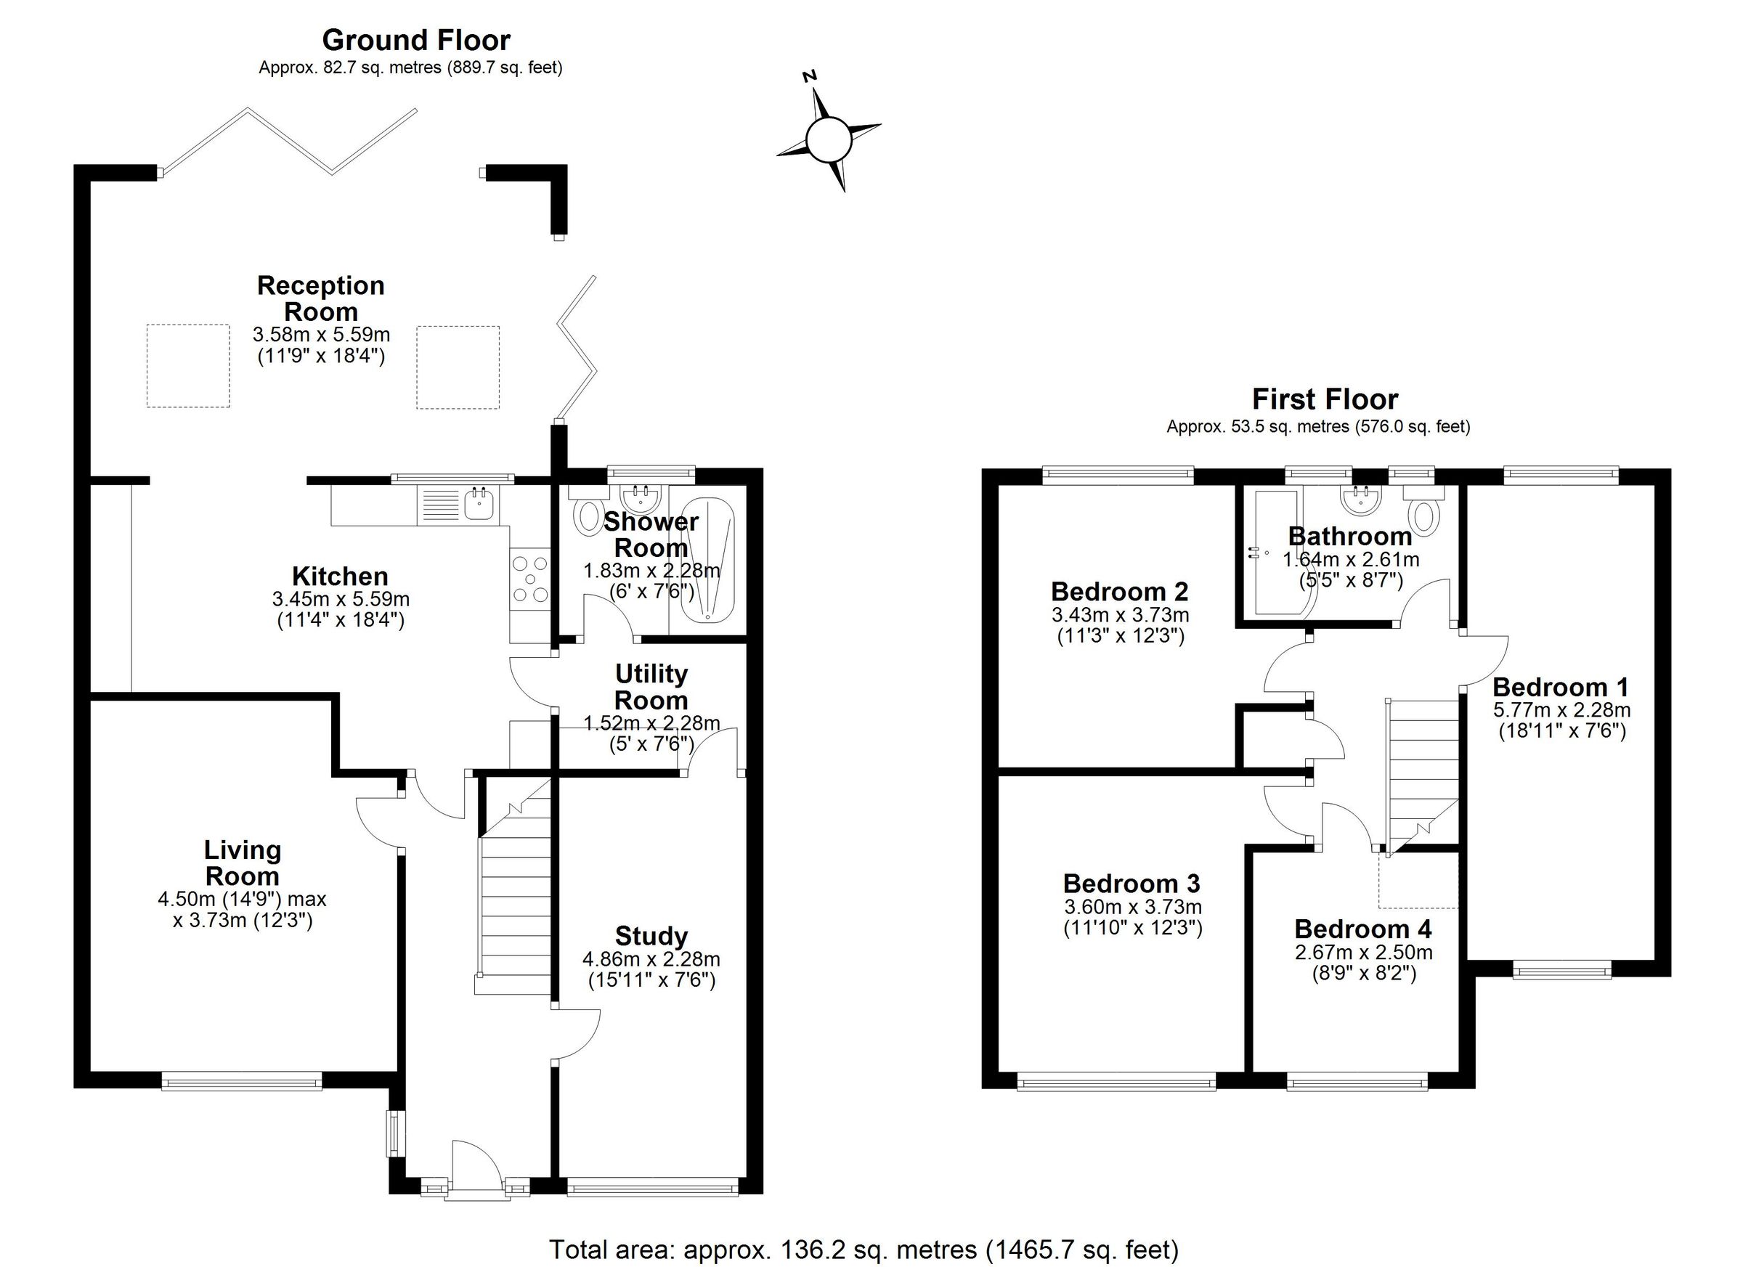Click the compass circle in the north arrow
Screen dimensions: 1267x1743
(x=829, y=140)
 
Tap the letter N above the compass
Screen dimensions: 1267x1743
(x=809, y=76)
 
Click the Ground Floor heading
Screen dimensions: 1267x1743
(x=415, y=40)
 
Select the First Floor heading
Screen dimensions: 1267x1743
(x=1325, y=399)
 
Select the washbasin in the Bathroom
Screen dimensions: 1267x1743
(x=1361, y=500)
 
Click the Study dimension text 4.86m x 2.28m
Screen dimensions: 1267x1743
(x=651, y=959)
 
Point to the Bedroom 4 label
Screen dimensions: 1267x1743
(x=1362, y=929)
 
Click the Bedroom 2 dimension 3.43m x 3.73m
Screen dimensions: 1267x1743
(x=1120, y=615)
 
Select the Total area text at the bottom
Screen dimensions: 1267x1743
(x=863, y=1250)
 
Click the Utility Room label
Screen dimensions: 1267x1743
(x=651, y=687)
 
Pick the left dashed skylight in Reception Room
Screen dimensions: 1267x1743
(x=188, y=366)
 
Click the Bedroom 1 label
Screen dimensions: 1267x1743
(x=1560, y=686)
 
